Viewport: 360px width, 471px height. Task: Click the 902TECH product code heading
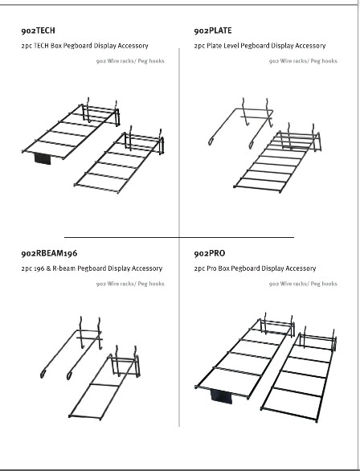[x=38, y=31]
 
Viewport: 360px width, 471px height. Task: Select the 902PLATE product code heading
[x=213, y=31]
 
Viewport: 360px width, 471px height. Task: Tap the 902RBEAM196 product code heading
[x=49, y=253]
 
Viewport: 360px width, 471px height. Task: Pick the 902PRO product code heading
[x=209, y=253]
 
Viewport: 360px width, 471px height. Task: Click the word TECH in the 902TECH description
[x=41, y=46]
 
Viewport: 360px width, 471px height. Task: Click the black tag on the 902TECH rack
[x=43, y=158]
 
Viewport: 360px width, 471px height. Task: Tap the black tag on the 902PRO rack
[x=221, y=396]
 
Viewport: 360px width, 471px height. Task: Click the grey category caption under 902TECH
[x=130, y=61]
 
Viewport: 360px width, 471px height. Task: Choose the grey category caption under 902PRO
[x=303, y=284]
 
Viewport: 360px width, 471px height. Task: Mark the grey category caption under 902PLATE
[x=303, y=61]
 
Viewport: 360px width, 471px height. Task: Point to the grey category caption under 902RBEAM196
[x=130, y=284]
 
